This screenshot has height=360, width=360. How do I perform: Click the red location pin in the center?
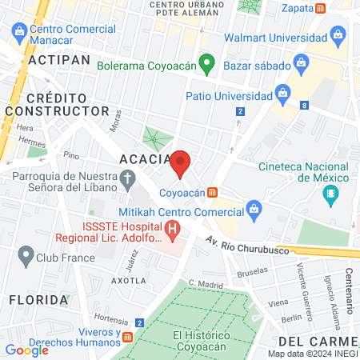pyautogui.click(x=180, y=162)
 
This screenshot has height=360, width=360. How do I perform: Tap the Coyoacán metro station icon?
pyautogui.click(x=212, y=192)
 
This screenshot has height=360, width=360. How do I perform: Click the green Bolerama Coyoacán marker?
pyautogui.click(x=206, y=62)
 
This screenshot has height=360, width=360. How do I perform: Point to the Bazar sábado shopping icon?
pyautogui.click(x=302, y=62)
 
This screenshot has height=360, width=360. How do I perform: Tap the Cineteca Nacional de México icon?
pyautogui.click(x=330, y=194)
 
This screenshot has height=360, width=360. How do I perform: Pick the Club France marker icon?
pyautogui.click(x=25, y=258)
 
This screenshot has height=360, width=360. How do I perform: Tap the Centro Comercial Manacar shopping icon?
pyautogui.click(x=19, y=31)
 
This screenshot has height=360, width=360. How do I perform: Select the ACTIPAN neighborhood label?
pyautogui.click(x=56, y=60)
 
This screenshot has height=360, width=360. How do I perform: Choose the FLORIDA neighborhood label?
pyautogui.click(x=38, y=299)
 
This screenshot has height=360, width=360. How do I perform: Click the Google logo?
pyautogui.click(x=27, y=350)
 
